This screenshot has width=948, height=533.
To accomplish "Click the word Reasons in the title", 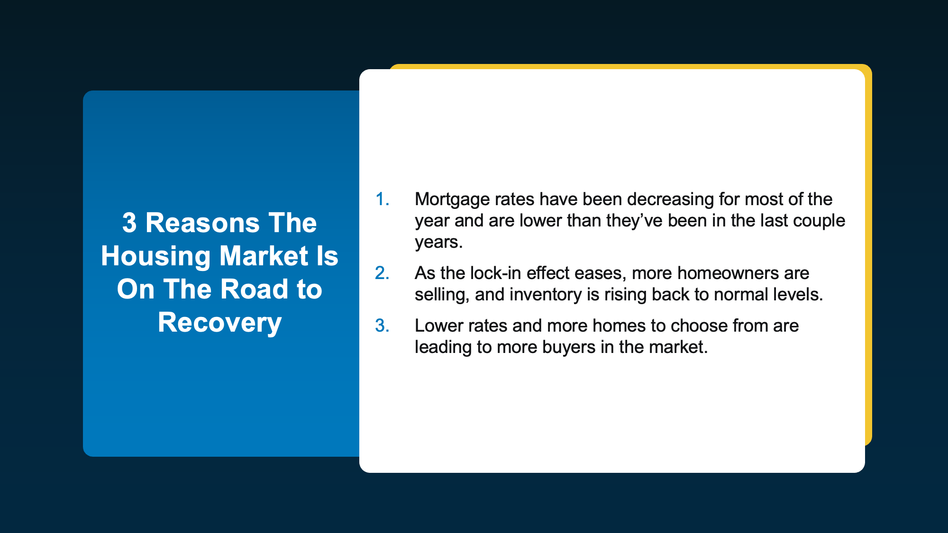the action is [203, 223].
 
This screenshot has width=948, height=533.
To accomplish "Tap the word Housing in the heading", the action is [155, 256].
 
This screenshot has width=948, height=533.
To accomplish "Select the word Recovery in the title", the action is [220, 323].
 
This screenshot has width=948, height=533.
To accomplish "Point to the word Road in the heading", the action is [255, 289].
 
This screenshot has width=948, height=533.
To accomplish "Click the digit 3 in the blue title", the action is [129, 223].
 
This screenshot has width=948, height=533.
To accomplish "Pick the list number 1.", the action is [382, 199].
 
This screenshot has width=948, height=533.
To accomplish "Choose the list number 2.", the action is [382, 273].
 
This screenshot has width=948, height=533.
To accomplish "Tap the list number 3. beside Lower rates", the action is [382, 326].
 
